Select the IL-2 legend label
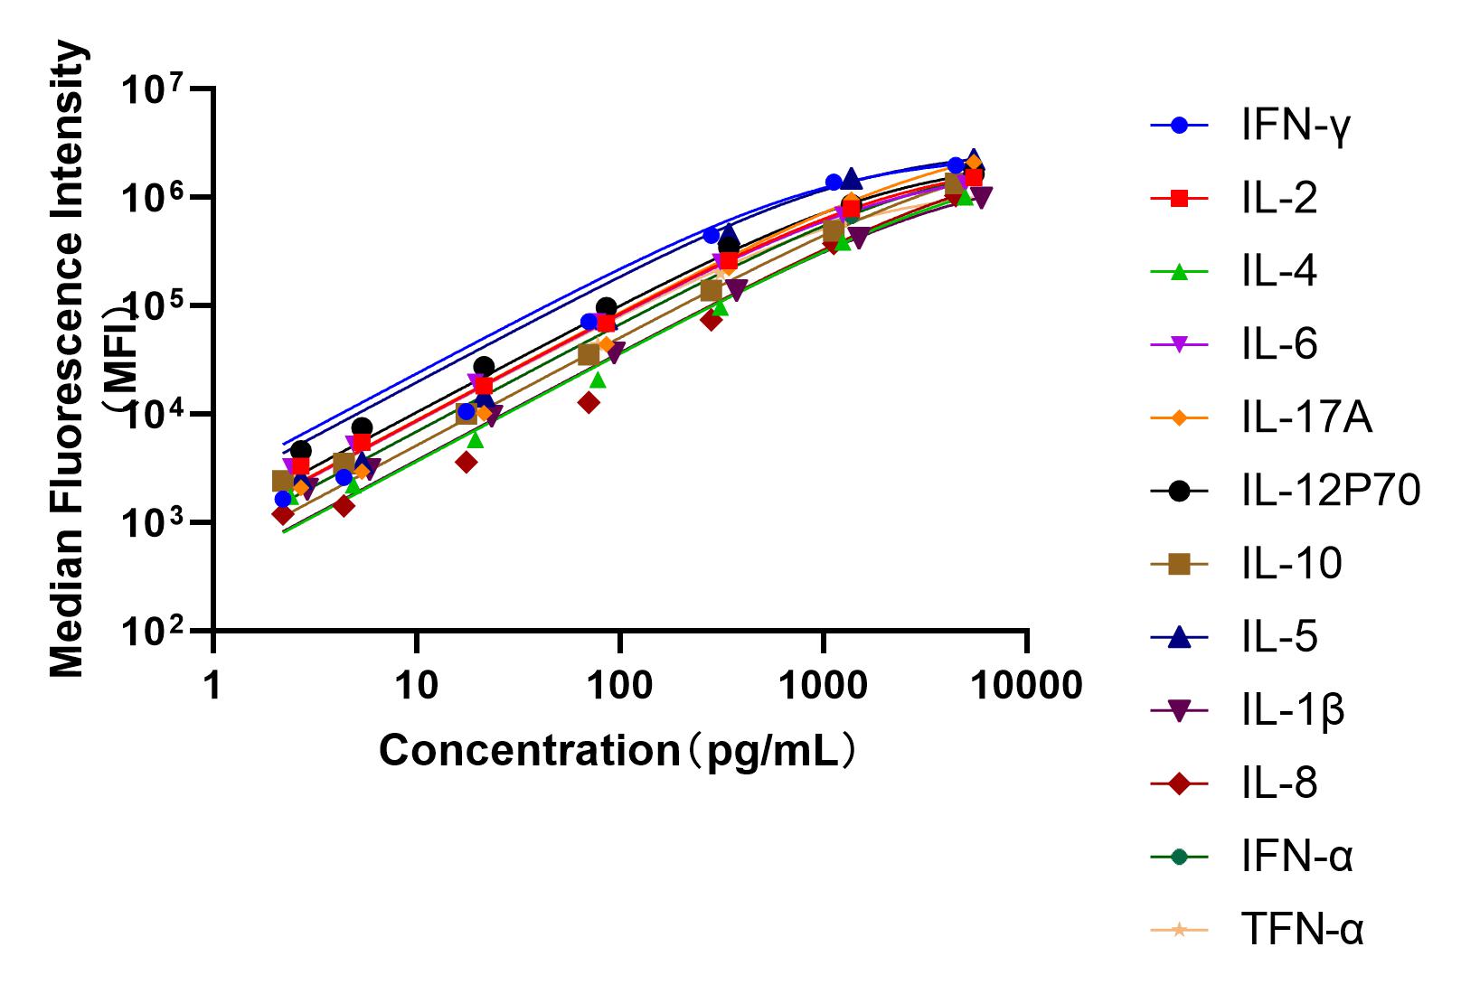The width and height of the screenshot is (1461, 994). (x=1279, y=199)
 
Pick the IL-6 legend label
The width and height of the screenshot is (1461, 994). (x=1279, y=345)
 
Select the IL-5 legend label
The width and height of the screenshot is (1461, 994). (x=1279, y=638)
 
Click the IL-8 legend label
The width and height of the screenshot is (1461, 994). (x=1279, y=783)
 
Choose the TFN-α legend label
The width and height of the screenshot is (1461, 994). (x=1302, y=930)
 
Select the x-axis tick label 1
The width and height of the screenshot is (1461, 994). (x=212, y=687)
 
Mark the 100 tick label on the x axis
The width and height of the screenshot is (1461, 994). (x=619, y=687)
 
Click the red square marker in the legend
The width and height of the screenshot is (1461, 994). (x=1179, y=199)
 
